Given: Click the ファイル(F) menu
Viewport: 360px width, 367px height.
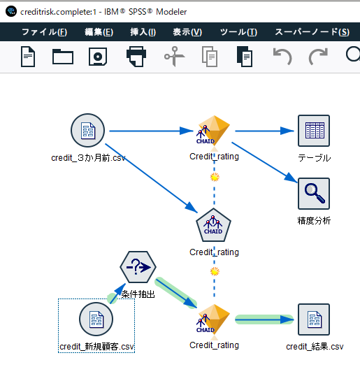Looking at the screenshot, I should coord(44,32).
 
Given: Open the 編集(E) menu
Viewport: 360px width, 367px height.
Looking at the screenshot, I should coord(99,32).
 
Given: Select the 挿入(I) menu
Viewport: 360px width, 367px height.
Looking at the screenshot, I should coord(143,32).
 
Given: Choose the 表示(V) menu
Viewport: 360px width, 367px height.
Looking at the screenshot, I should coord(187,32).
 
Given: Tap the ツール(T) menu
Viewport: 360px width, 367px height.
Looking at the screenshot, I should coord(238,32).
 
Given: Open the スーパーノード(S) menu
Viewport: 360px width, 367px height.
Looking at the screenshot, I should coord(312,32).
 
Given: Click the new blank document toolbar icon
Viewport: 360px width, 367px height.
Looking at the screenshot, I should coord(28,57).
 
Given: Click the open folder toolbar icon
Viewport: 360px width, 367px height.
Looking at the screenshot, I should coord(63,57).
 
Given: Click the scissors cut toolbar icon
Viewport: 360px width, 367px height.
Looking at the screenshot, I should coord(173,57).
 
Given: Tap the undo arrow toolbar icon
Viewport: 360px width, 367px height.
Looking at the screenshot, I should coord(282,57).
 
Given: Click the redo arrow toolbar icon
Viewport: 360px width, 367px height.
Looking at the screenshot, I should coord(318,57).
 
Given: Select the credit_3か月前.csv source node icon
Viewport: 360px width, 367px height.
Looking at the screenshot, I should coord(88,131).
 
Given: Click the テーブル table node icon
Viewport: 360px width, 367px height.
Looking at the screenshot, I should coord(314,131).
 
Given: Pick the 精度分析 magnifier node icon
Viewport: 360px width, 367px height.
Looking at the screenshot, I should coord(314,194).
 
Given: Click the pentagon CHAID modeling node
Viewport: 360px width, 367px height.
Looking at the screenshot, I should coord(214,225).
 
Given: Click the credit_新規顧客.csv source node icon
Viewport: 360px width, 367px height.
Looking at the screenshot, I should coord(96,320).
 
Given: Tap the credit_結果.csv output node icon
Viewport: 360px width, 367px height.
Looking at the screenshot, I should coord(314,319).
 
